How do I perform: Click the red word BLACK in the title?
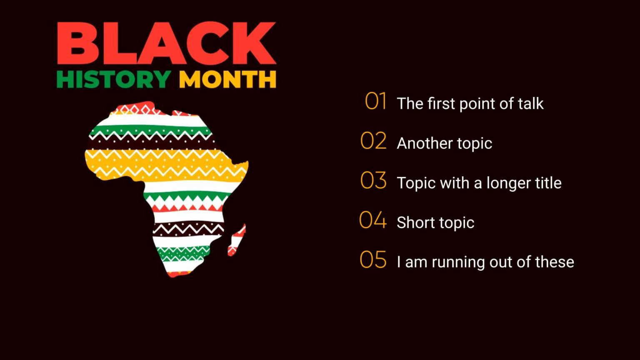coord(166,43)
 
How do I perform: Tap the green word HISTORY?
coord(113,79)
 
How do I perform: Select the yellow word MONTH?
coord(227,79)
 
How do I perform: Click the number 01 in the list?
coord(375,101)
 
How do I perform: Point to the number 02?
coord(373,141)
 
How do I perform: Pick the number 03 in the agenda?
coord(373,180)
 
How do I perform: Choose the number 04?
coord(373,220)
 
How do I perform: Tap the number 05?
coord(373,260)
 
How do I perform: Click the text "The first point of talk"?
coord(470,103)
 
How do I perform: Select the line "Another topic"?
coord(444,143)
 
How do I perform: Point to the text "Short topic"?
coord(435,222)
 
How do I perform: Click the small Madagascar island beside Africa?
coord(237,240)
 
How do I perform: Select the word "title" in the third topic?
coord(548,182)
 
